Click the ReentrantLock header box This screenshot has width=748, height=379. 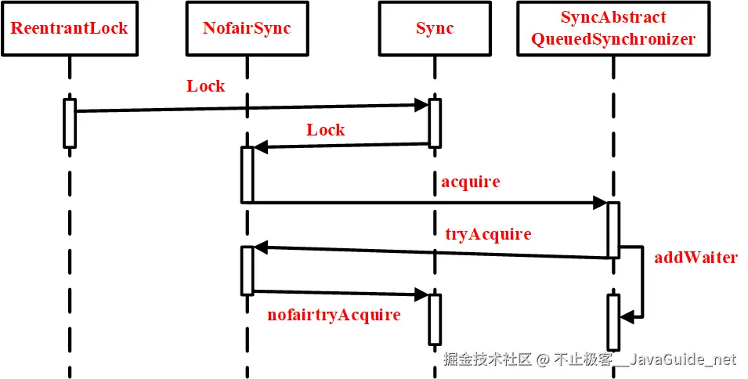click(69, 28)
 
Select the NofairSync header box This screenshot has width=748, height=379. click(247, 28)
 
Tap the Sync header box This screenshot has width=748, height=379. click(435, 28)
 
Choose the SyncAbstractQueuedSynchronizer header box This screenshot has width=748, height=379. click(613, 28)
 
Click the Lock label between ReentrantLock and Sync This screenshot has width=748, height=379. click(205, 86)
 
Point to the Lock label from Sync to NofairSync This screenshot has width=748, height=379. click(325, 130)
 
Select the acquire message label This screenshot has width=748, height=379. click(470, 182)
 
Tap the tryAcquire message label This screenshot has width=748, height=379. click(487, 234)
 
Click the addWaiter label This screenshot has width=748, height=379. click(696, 258)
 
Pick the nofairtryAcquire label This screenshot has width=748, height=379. click(334, 316)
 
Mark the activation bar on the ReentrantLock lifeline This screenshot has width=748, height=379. click(69, 123)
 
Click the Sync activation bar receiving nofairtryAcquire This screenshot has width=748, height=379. click(435, 319)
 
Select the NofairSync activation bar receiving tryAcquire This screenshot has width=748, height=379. click(247, 270)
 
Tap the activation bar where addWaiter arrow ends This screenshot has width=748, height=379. click(613, 321)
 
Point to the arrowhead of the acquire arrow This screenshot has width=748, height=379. click(602, 203)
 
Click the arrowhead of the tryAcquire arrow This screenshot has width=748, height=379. click(260, 248)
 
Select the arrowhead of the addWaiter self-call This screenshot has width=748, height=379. click(626, 316)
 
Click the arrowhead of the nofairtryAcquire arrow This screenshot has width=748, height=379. click(422, 295)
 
